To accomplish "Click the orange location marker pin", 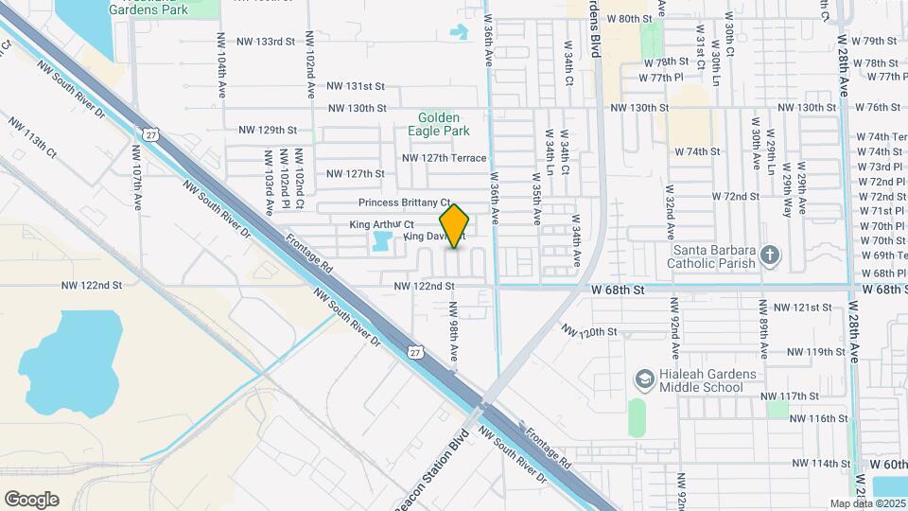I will pos(455,225).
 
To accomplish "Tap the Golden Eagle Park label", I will pos(444,124).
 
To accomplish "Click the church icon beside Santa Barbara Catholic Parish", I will pos(771,255).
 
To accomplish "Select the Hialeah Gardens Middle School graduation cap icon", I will pos(644,379).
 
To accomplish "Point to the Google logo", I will pos(31,499).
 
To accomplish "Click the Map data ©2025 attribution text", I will pos(866,503).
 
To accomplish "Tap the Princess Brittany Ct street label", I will pos(404,203).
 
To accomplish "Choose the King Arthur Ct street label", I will pos(382,224).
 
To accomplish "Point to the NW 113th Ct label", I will pos(33,138).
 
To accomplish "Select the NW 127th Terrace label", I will pos(444,158).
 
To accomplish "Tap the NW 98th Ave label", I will pos(454,331).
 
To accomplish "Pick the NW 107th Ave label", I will pos(137,177).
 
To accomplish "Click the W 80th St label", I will pos(630,18).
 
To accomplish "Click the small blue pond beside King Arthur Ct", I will pos(383,241).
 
